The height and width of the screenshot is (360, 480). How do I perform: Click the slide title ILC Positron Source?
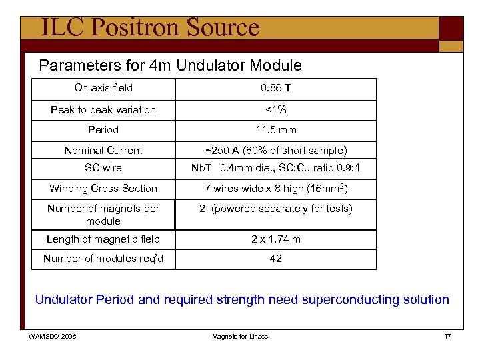click(149, 27)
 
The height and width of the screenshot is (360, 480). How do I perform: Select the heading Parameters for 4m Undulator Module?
click(170, 65)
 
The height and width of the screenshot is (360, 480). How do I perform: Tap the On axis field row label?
click(103, 88)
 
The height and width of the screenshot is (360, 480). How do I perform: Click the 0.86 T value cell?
click(275, 88)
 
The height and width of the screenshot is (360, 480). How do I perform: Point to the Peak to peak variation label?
click(103, 110)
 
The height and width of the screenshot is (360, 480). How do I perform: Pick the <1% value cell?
click(275, 110)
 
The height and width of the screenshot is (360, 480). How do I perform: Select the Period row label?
click(103, 130)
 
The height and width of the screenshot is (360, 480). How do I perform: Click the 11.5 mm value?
click(275, 130)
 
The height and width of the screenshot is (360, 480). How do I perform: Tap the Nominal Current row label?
click(103, 151)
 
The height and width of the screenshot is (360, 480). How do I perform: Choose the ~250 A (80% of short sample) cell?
click(275, 151)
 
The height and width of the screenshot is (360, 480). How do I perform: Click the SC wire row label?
click(103, 168)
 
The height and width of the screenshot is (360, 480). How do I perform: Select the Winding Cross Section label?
click(103, 189)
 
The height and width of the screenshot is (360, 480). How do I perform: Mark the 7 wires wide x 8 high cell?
click(275, 189)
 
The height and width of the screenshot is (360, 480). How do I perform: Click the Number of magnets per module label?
click(103, 215)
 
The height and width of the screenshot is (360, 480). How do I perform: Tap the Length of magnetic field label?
click(103, 239)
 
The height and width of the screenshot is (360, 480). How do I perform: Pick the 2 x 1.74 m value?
click(275, 239)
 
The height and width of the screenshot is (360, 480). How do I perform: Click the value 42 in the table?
click(275, 259)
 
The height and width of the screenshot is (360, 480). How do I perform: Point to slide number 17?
click(447, 337)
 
